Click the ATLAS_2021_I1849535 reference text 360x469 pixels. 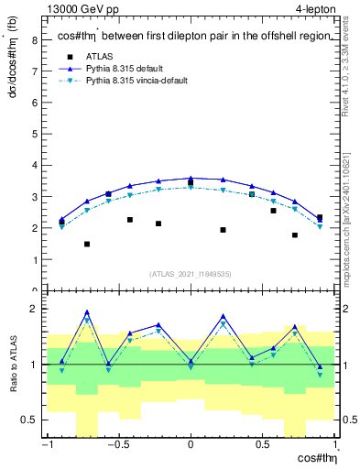click(191, 273)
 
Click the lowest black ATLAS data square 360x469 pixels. click(87, 244)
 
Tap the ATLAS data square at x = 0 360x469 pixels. click(191, 183)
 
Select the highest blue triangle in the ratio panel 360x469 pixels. click(87, 311)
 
